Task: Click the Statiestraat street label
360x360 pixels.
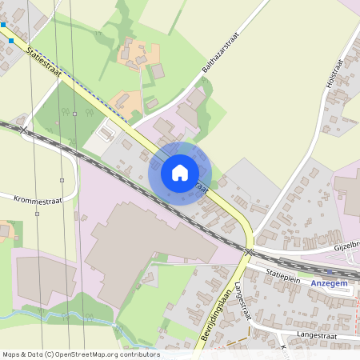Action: pyautogui.click(x=45, y=62)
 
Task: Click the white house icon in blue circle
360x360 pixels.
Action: pyautogui.click(x=180, y=172)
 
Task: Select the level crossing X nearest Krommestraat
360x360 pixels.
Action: pyautogui.click(x=24, y=129)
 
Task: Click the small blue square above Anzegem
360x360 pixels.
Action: pyautogui.click(x=330, y=272)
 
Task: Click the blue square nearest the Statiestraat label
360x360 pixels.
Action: pyautogui.click(x=11, y=40)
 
